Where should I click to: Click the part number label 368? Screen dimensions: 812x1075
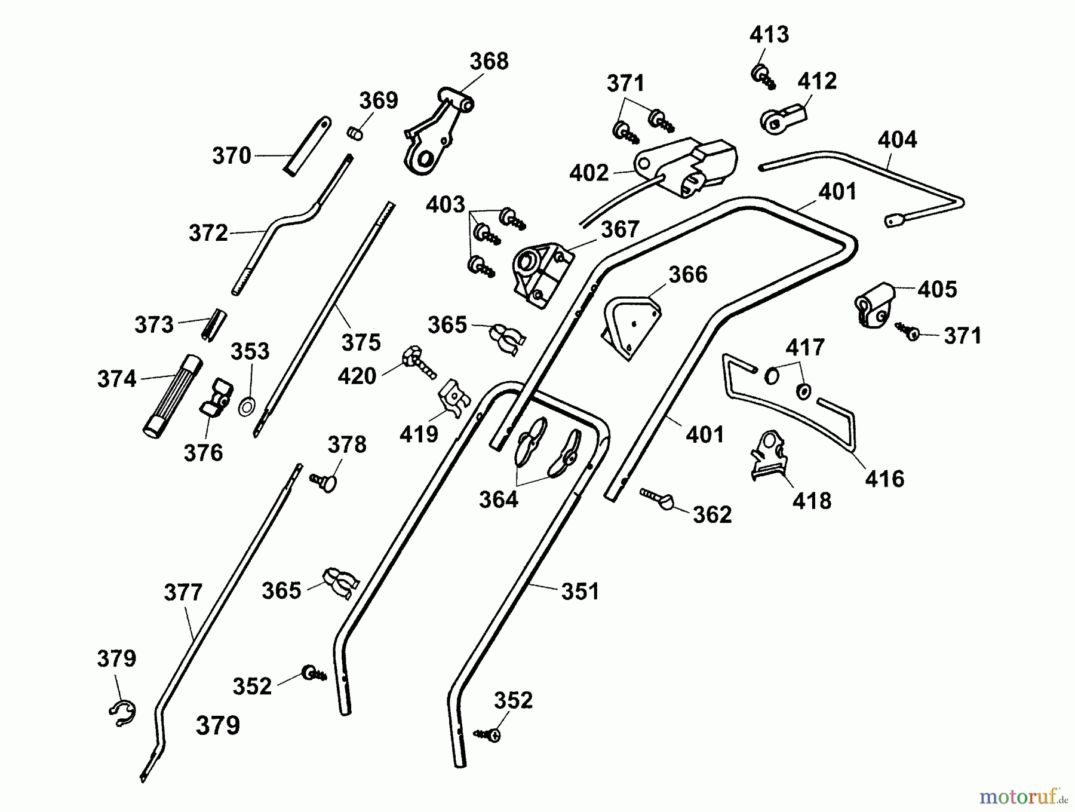click(489, 61)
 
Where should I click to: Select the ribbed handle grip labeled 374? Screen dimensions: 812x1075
click(171, 395)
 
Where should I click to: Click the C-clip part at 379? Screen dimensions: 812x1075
click(122, 713)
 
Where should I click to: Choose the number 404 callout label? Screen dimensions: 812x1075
click(896, 140)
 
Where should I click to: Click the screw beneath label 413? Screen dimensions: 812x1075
click(763, 76)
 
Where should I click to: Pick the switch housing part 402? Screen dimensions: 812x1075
click(687, 167)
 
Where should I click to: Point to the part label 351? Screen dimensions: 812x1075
click(579, 592)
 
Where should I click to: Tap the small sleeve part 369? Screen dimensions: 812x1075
click(355, 133)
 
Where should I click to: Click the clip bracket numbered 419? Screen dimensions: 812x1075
click(453, 397)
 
